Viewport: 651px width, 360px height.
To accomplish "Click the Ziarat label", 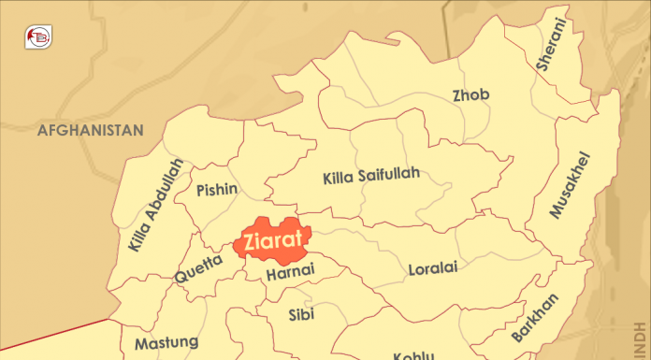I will pos(272,239).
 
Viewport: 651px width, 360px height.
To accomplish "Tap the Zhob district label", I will pos(470,95).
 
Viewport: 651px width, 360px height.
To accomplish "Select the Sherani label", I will pos(552,45).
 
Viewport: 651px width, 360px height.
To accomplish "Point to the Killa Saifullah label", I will pos(371,176).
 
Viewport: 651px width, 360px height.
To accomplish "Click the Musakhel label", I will pos(571,184).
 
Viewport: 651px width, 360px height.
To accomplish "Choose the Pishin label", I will pos(217,190).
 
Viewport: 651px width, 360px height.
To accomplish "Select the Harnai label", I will pos(290,273).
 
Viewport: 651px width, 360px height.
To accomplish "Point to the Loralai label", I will pos(433,269).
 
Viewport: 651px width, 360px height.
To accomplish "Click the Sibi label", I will pos(300,313).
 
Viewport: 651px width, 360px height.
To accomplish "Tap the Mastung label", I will pos(166,343).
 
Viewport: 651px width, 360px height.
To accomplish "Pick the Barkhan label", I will pos(536,319).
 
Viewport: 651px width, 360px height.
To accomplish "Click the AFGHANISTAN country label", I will pos(90,130).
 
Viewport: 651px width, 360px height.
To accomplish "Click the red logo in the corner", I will pos(37,37).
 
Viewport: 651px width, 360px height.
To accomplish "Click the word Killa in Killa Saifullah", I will pos(339,178).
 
